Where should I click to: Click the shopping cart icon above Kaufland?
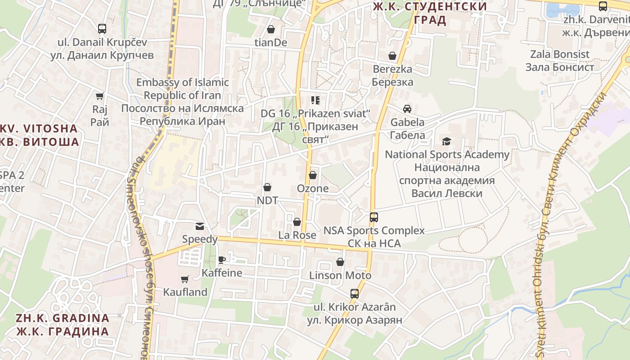(x=184, y=279)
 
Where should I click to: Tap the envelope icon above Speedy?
(x=199, y=226)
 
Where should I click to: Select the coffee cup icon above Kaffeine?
(x=221, y=260)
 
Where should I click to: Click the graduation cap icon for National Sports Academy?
(x=446, y=142)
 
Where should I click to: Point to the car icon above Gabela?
(x=407, y=109)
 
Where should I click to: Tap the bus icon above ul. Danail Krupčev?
(x=102, y=29)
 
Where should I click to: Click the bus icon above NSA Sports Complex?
(x=374, y=217)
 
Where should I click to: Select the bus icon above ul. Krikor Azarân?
(x=355, y=294)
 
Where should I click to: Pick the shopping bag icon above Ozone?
(x=313, y=175)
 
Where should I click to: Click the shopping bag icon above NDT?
(x=267, y=187)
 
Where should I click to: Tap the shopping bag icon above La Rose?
(x=297, y=222)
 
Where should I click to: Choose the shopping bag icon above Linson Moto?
(x=340, y=262)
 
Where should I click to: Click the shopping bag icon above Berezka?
(x=392, y=56)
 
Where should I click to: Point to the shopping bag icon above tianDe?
(x=271, y=29)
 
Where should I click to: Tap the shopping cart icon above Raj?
(x=99, y=96)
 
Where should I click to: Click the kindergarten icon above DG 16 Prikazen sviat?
(x=315, y=100)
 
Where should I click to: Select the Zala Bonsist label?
(x=560, y=61)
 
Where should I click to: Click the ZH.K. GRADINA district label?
(x=63, y=324)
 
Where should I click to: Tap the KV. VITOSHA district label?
(x=40, y=135)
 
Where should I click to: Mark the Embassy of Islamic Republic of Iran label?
(x=182, y=102)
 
